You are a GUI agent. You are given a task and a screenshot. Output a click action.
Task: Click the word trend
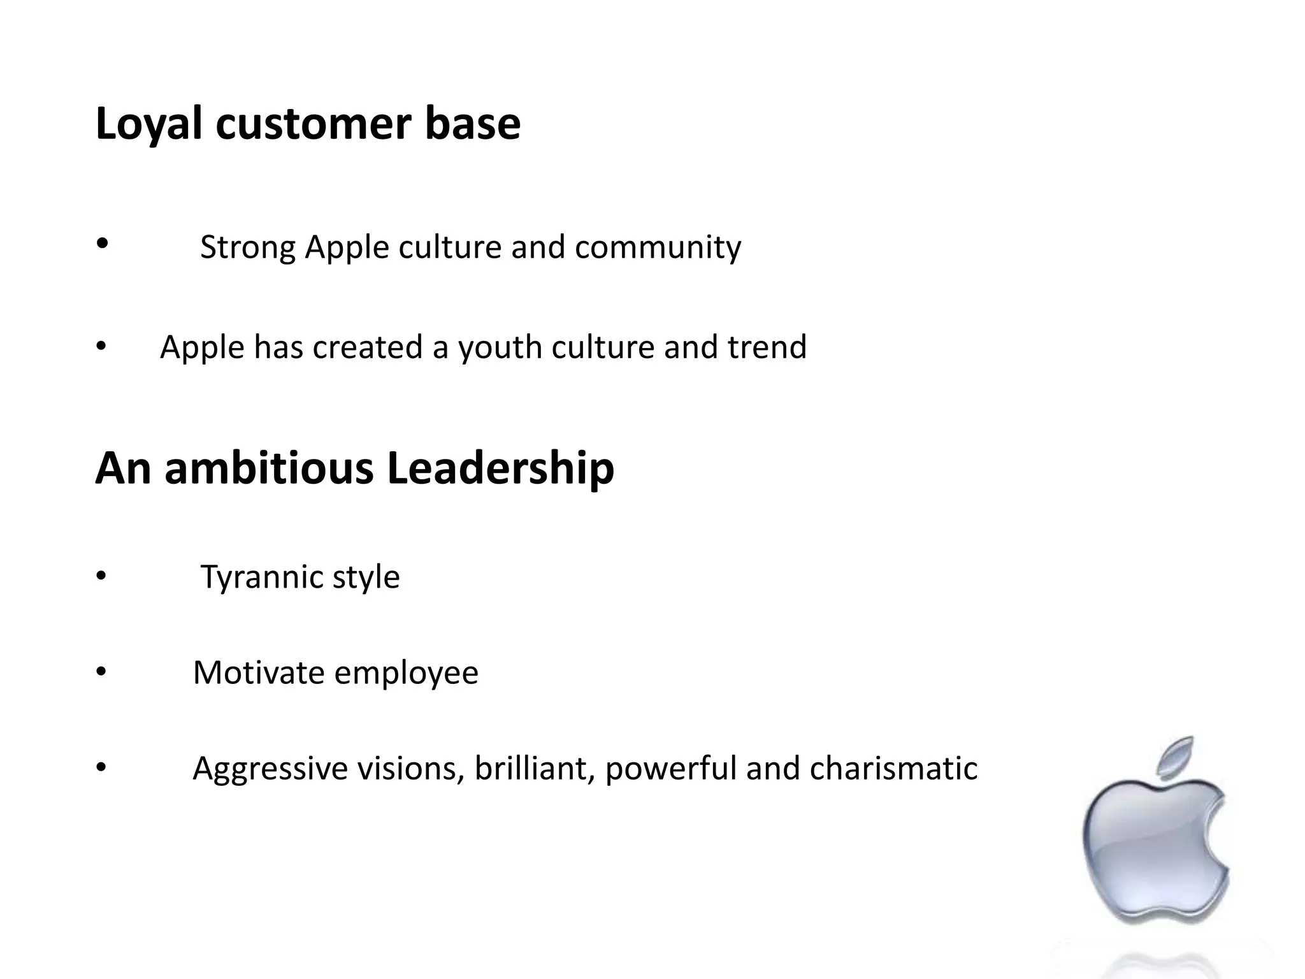[767, 347]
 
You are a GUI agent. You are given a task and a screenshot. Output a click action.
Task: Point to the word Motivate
[259, 673]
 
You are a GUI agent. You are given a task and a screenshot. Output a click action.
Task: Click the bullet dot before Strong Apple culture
[102, 243]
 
